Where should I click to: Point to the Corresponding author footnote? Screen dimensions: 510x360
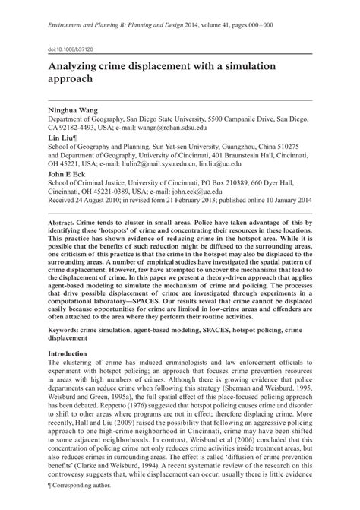78,505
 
